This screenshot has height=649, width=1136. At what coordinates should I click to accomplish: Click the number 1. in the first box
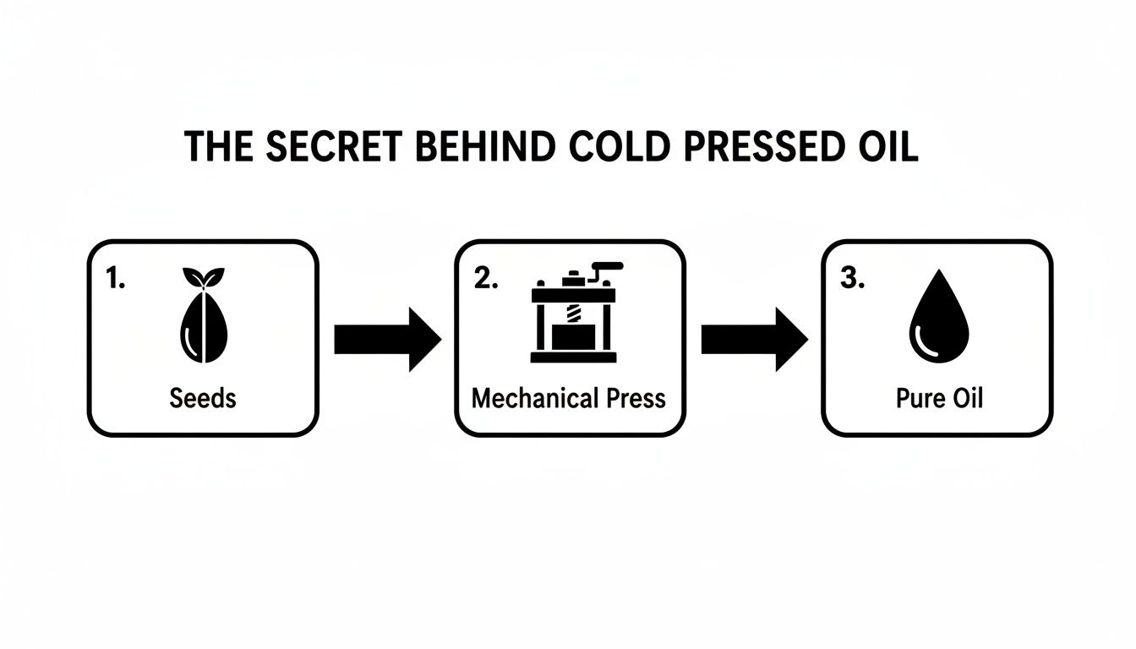click(x=116, y=280)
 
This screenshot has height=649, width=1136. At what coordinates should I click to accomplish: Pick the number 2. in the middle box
click(x=486, y=280)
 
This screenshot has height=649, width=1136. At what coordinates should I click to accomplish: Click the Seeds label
click(x=203, y=398)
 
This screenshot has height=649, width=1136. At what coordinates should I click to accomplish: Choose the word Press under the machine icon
click(x=635, y=398)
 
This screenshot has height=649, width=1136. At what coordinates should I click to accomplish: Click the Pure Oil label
click(x=939, y=398)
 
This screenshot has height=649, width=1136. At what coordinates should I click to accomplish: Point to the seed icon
click(x=203, y=325)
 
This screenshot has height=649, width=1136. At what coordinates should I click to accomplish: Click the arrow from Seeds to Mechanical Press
click(x=388, y=339)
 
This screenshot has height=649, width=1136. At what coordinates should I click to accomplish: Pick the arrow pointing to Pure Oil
click(x=755, y=339)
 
